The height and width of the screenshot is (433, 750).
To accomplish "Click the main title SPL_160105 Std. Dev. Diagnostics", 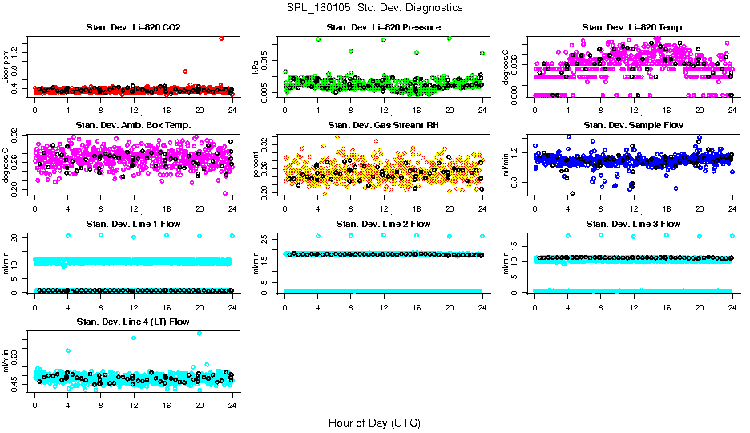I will click(374, 8).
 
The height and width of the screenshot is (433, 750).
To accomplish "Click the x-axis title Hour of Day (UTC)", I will click(374, 422).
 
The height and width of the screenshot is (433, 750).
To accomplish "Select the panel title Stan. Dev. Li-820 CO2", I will click(133, 28).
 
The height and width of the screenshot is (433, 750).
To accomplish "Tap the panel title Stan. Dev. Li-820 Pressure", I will click(383, 28).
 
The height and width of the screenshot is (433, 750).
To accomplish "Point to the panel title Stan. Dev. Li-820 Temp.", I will click(633, 28).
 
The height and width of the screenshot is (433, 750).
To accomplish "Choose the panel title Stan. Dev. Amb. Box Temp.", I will click(133, 125).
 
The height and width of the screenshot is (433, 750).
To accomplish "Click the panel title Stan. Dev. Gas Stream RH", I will click(383, 125).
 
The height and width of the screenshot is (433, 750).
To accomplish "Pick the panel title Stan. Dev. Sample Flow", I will click(633, 125).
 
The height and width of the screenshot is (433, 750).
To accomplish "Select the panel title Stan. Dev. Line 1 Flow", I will click(133, 224).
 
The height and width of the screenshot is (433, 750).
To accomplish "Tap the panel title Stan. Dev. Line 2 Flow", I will click(383, 224).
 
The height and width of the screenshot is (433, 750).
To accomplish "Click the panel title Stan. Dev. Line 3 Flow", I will click(633, 224).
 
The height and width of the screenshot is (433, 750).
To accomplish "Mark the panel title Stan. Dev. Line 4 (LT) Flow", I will click(133, 322).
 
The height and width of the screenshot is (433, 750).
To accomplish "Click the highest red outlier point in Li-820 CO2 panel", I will click(221, 38).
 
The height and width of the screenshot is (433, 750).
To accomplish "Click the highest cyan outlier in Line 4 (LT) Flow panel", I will click(200, 333).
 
